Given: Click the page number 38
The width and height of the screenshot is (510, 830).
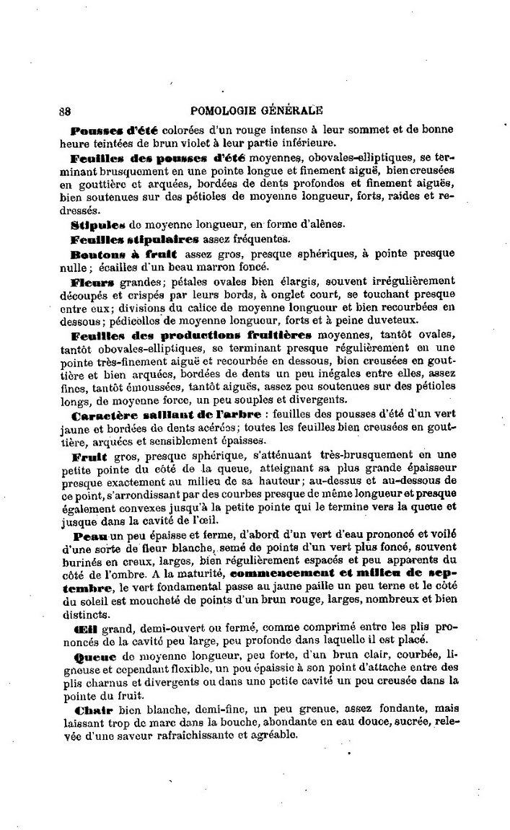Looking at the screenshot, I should [63, 112].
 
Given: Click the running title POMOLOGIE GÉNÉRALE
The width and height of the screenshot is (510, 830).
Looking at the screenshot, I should [255, 111].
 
